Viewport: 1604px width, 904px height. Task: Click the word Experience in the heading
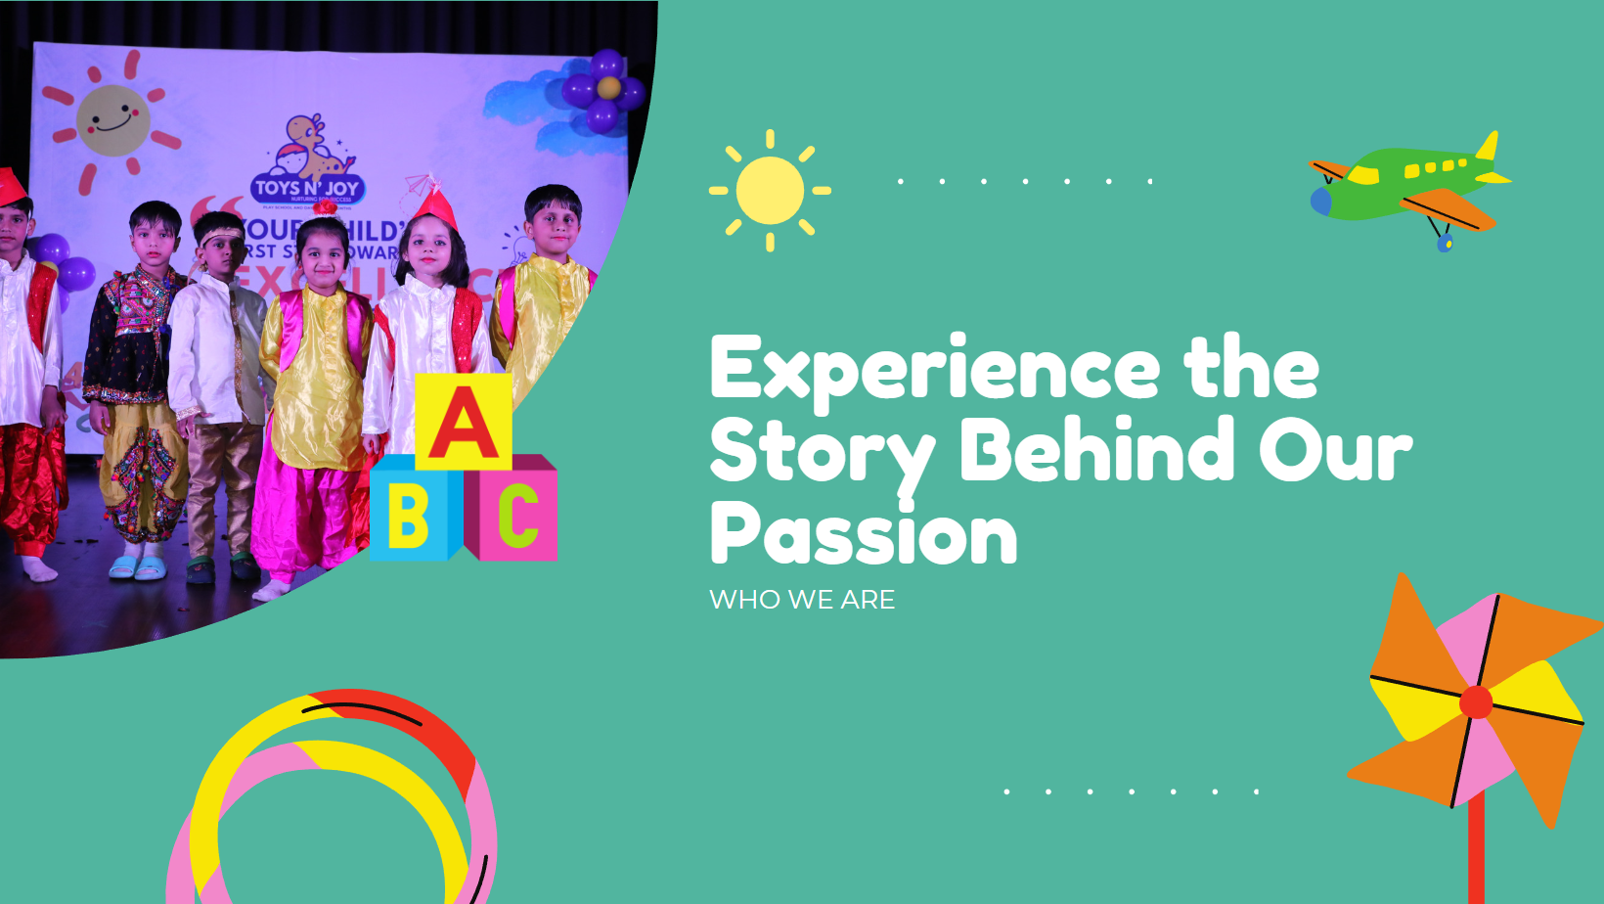point(934,369)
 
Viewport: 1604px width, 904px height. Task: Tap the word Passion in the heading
point(864,534)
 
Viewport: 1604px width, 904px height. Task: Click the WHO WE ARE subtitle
point(802,600)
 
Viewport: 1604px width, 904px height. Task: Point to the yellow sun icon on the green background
point(770,191)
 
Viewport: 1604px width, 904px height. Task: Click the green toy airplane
point(1408,186)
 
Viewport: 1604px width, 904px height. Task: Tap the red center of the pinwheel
point(1475,702)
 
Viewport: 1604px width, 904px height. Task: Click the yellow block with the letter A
point(464,422)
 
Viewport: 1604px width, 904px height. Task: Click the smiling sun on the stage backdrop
point(113,120)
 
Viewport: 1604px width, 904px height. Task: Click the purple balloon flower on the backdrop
point(604,90)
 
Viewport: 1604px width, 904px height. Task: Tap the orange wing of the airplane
point(1448,208)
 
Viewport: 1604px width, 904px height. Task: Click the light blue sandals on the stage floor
point(137,567)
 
